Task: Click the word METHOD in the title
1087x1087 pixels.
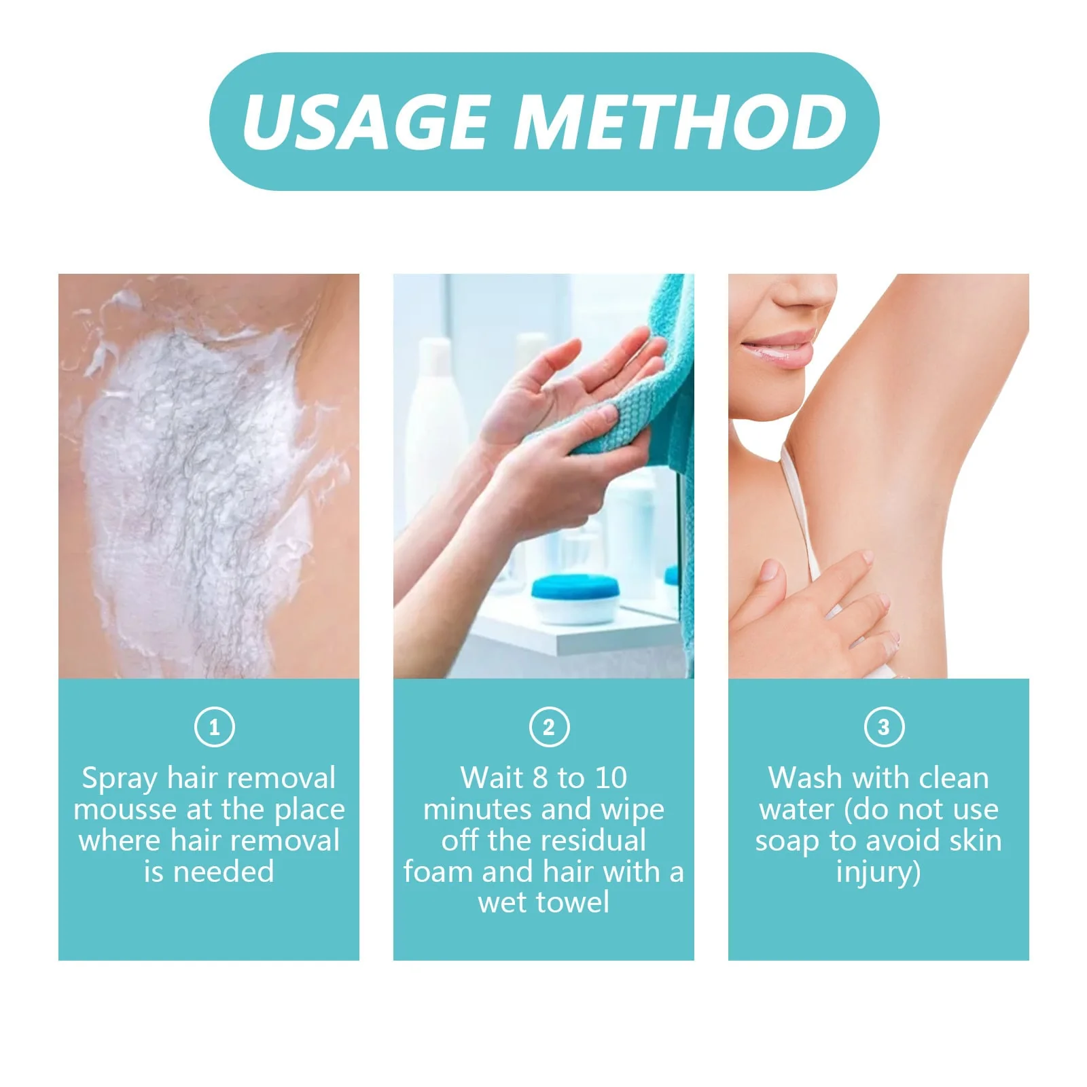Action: coord(683,122)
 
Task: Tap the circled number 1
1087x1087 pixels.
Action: coord(214,727)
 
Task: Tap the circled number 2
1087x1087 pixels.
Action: coord(549,727)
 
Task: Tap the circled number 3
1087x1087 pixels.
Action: coord(883,727)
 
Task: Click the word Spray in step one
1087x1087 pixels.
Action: coord(120,779)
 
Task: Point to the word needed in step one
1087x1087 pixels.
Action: coord(224,872)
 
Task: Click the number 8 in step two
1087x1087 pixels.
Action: coord(539,778)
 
